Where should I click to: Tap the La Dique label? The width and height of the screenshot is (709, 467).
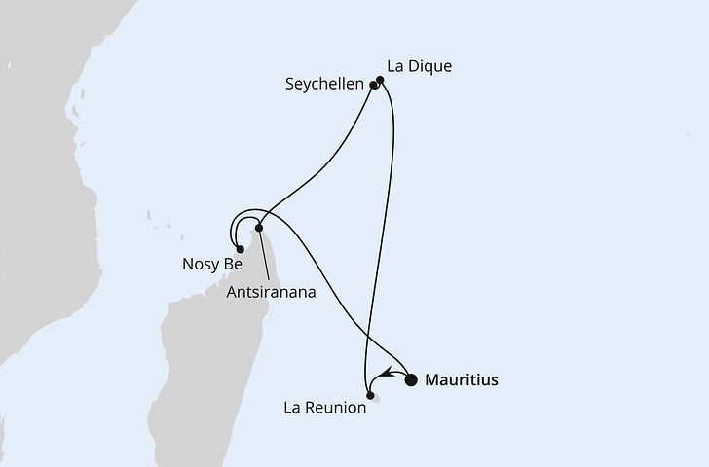point(420,66)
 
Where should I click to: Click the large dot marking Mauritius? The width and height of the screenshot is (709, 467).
point(411,379)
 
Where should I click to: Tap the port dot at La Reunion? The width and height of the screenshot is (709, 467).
point(369,395)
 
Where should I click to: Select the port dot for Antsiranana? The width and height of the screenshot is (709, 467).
point(258,229)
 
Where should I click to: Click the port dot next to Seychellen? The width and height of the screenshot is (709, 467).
point(374,86)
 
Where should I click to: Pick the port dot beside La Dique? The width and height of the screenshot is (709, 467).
point(380,81)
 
